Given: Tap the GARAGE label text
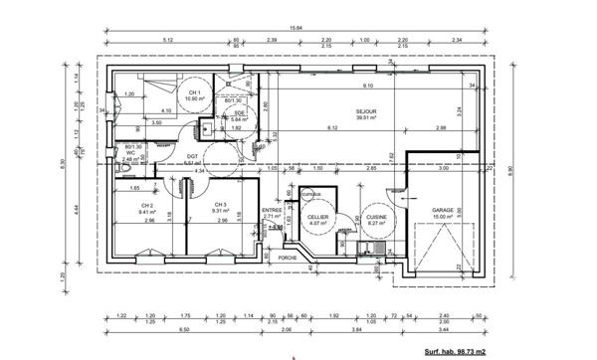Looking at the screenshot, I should [x=443, y=210].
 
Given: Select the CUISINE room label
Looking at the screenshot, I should [x=375, y=216].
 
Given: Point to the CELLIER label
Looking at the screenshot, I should [x=317, y=216].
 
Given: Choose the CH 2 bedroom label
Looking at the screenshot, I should [x=144, y=205].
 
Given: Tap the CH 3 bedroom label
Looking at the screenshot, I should [x=220, y=205].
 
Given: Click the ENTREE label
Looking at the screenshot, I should [x=272, y=210].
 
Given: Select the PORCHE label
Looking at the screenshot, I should [x=288, y=258].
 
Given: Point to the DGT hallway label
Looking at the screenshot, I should [x=192, y=156].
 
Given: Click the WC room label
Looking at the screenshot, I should [x=130, y=153].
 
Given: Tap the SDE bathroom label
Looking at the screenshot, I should [x=239, y=113].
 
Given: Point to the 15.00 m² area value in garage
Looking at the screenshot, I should [x=443, y=217].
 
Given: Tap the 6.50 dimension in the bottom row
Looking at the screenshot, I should [x=154, y=329].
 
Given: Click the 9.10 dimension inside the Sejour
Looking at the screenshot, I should [x=367, y=86].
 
